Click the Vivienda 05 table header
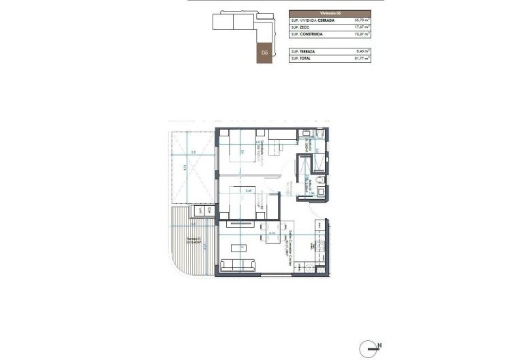click(x=330, y=13)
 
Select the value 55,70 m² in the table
click(x=362, y=20)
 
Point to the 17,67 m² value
click(x=362, y=27)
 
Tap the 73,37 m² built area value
click(x=362, y=34)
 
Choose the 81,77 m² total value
click(x=362, y=59)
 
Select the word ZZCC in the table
click(x=305, y=27)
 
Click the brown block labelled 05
click(x=264, y=52)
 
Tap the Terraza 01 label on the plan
click(x=191, y=240)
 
